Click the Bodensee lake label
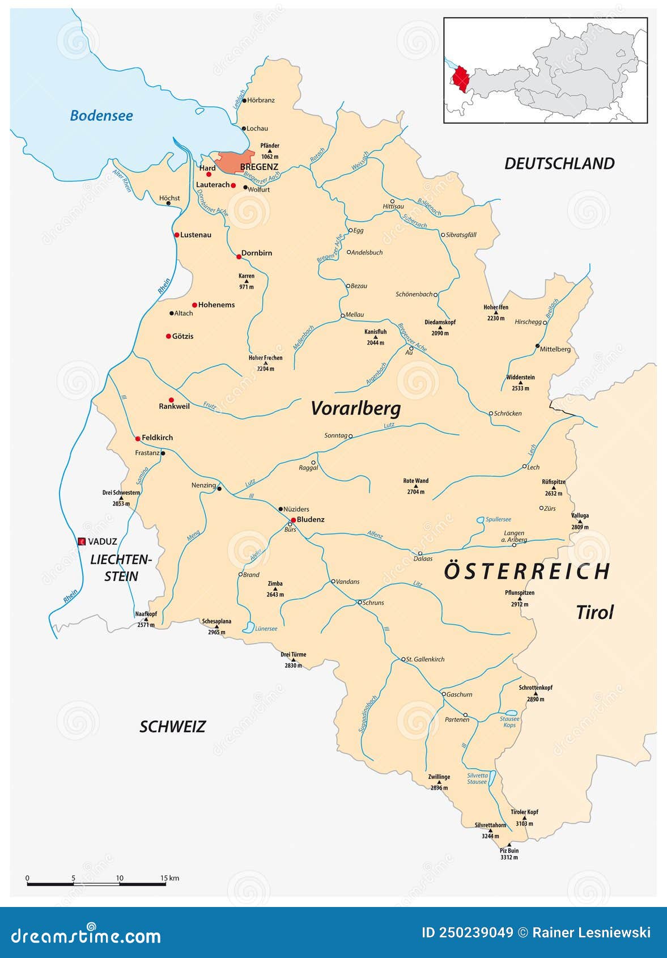101,116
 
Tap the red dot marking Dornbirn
239,257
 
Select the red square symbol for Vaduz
82,541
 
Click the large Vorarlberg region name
356,408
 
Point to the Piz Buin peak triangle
509,845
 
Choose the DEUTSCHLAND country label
559,164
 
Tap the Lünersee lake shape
248,627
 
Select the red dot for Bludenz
294,520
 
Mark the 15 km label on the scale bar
169,878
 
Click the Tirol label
594,613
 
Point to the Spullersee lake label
499,519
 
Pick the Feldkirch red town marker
138,438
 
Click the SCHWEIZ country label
172,727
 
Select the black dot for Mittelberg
537,345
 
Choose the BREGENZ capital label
259,167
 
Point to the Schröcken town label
508,413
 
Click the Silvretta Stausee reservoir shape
492,778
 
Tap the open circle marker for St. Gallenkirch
403,659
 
